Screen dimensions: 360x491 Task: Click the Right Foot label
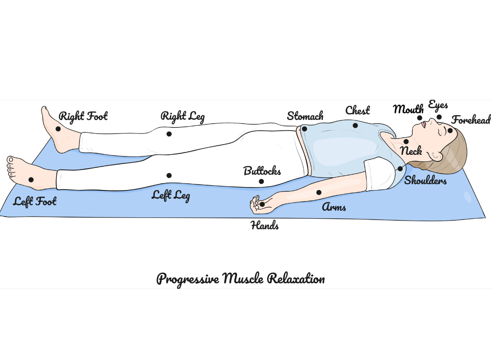(x=83, y=116)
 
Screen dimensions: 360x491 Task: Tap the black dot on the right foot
(x=58, y=129)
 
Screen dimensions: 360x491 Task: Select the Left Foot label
(x=35, y=202)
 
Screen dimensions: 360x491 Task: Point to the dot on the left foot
(x=31, y=179)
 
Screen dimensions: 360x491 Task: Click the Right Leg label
(x=182, y=116)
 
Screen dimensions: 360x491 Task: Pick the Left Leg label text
(x=171, y=195)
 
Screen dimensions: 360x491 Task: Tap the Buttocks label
(x=262, y=171)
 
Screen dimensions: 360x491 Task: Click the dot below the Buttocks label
(x=261, y=181)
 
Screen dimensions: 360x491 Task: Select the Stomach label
(x=305, y=116)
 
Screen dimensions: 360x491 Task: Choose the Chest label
(x=358, y=111)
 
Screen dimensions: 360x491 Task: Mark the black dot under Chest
(x=355, y=125)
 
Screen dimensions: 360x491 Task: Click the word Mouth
(x=408, y=109)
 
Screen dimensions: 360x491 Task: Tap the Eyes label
(x=438, y=105)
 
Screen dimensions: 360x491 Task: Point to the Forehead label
(x=471, y=120)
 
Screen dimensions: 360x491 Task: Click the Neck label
(x=411, y=151)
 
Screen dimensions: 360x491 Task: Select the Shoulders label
(x=426, y=181)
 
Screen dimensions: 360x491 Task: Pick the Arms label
(x=334, y=207)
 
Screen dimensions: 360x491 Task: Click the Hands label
(x=265, y=225)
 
